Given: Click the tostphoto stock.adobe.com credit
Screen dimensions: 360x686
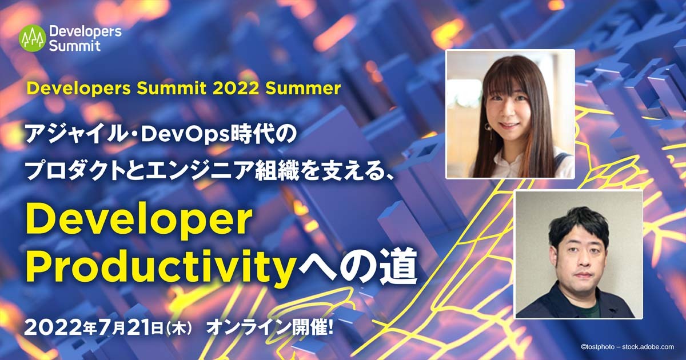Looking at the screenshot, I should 628,347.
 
